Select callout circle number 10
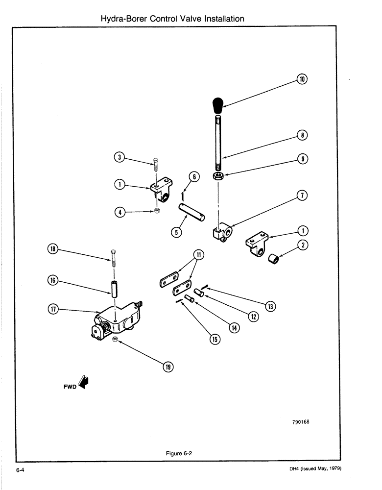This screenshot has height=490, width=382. pos(302,79)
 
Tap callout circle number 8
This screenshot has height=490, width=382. pos(302,136)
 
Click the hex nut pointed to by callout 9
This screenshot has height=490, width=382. pos(219,175)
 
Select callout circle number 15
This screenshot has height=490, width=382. pos(215,339)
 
